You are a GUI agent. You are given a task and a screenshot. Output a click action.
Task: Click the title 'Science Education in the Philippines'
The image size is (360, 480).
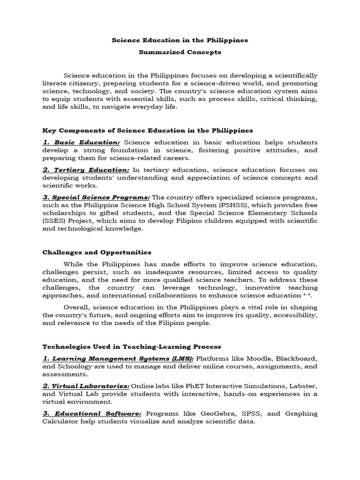click(x=180, y=40)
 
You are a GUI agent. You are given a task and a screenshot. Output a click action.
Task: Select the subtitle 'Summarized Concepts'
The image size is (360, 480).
click(x=180, y=52)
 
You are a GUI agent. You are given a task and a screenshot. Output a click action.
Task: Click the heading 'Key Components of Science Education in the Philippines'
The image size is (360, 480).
click(x=148, y=130)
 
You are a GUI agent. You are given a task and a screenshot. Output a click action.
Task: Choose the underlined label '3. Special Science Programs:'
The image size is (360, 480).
click(x=97, y=197)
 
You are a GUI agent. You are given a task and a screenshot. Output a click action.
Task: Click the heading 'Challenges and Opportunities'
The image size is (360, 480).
click(x=97, y=252)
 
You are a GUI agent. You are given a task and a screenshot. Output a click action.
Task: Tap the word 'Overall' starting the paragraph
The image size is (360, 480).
click(x=77, y=307)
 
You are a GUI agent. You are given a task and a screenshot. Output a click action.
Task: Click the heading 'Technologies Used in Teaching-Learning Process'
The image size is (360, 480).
click(x=132, y=346)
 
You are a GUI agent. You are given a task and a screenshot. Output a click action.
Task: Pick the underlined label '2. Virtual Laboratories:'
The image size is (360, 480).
click(x=86, y=386)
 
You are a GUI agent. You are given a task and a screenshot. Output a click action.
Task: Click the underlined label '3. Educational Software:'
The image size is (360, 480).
click(x=92, y=413)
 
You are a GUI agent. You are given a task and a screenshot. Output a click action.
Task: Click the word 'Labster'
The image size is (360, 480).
click(x=301, y=386)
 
